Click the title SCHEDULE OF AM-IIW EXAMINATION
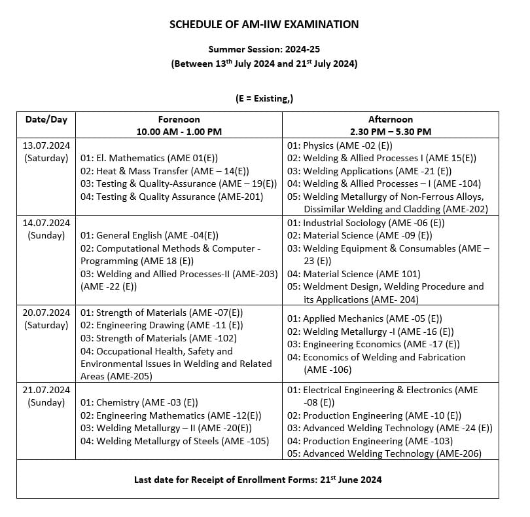(264, 24)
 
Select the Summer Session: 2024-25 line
(264, 49)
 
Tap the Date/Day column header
(46, 119)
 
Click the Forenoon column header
(179, 119)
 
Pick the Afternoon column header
(390, 119)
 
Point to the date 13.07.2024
(46, 145)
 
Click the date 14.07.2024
(46, 223)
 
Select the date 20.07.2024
(46, 313)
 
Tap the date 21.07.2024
(46, 390)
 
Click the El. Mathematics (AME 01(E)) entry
(149, 158)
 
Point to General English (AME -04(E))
(149, 235)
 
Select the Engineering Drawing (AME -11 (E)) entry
(162, 326)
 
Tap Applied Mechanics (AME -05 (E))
(361, 319)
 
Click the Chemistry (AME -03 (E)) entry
(139, 402)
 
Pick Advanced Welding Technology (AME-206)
(384, 453)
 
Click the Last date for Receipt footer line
(258, 480)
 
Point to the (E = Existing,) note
(264, 98)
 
